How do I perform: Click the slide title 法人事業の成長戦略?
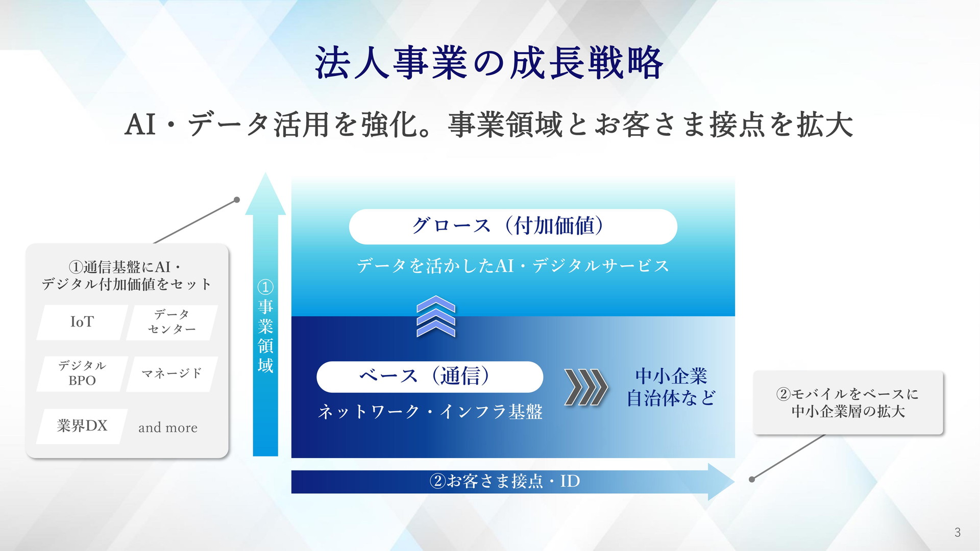point(489,63)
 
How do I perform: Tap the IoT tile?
point(82,322)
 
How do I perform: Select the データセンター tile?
point(172,322)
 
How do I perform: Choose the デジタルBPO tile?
point(82,373)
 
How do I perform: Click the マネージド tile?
point(172,373)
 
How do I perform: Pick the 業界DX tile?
point(82,426)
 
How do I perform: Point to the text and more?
point(168,428)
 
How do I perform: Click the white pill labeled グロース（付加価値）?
point(513,227)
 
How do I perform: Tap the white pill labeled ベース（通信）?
point(430,377)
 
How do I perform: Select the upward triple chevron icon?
point(436,316)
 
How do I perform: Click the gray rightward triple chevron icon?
point(586,387)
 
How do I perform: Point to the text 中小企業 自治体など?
point(671,387)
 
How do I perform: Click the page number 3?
point(958,533)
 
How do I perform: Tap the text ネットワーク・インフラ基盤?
point(430,412)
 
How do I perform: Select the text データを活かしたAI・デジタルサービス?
point(513,266)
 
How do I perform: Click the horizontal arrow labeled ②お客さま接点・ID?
point(512,482)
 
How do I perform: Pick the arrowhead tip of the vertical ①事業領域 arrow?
point(265,173)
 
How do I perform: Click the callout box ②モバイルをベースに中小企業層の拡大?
point(848,403)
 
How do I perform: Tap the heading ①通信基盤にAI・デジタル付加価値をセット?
point(127,275)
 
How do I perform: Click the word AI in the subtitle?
point(140,124)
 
